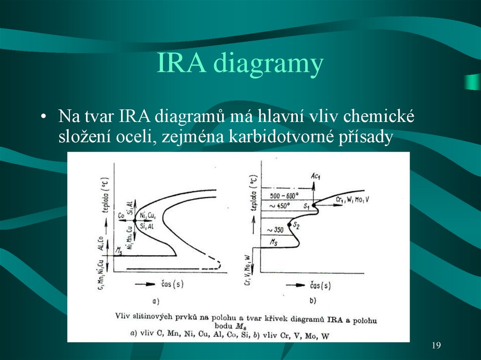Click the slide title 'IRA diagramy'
pos(240,64)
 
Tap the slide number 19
pos(436,346)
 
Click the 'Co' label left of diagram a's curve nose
pos(121,216)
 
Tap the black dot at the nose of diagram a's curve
pos(135,220)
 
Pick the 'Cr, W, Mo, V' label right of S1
pos(353,199)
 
